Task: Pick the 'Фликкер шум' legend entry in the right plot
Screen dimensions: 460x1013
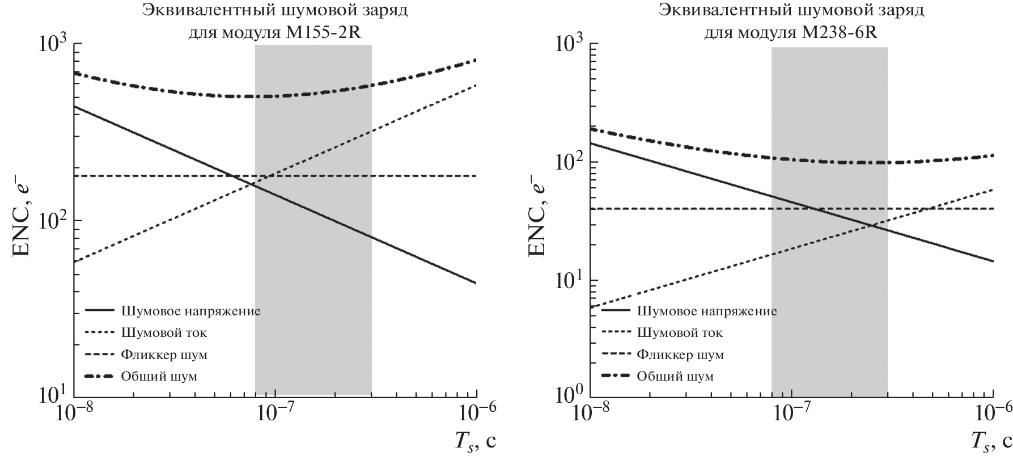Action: (x=680, y=355)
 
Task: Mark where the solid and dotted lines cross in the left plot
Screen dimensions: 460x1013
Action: (x=251, y=184)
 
